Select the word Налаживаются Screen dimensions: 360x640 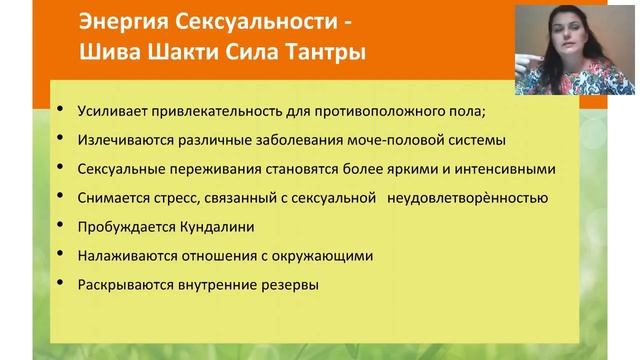(121, 256)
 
